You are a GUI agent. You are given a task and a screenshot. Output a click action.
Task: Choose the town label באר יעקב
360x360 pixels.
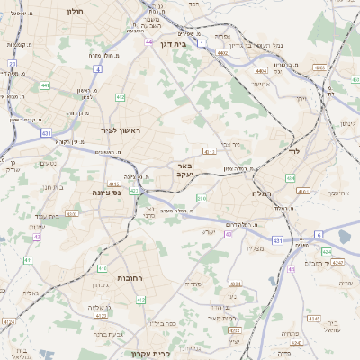click(184, 171)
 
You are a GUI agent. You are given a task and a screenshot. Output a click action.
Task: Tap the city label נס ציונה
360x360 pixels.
click(106, 193)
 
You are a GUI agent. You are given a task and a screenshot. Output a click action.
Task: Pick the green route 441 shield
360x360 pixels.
click(44, 85)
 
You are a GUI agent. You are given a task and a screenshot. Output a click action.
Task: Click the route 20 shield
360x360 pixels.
click(13, 64)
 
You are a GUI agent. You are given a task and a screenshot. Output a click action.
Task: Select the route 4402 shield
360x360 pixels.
click(221, 53)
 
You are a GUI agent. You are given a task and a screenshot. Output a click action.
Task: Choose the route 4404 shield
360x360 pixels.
click(260, 71)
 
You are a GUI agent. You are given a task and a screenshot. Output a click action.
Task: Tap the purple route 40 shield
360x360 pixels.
click(229, 234)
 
